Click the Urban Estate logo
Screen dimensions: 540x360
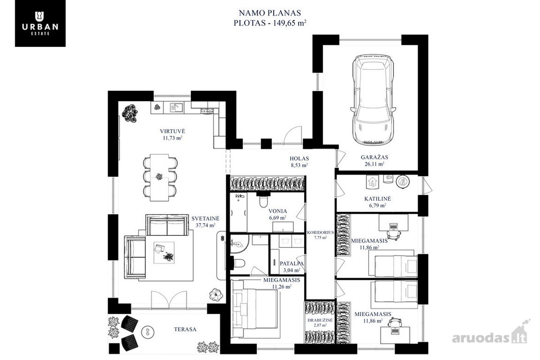tap(40, 23)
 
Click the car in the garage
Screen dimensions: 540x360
tap(373, 99)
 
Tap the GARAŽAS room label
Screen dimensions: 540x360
tap(374, 157)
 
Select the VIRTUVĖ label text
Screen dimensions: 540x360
tap(172, 131)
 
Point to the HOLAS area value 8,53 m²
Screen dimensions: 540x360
tap(299, 165)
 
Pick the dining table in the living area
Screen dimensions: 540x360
tap(159, 177)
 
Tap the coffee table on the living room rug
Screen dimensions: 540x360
tap(164, 252)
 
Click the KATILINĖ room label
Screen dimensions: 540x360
tap(378, 199)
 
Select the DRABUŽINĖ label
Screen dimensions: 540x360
tap(320, 320)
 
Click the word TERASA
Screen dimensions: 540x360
tap(185, 329)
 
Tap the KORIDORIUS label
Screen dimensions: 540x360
tap(320, 233)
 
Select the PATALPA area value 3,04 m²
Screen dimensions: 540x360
tap(292, 270)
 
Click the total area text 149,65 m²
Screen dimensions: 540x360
tap(289, 23)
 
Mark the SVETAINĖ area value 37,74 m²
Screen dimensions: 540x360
tap(205, 225)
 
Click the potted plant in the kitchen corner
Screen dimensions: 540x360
tap(130, 113)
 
